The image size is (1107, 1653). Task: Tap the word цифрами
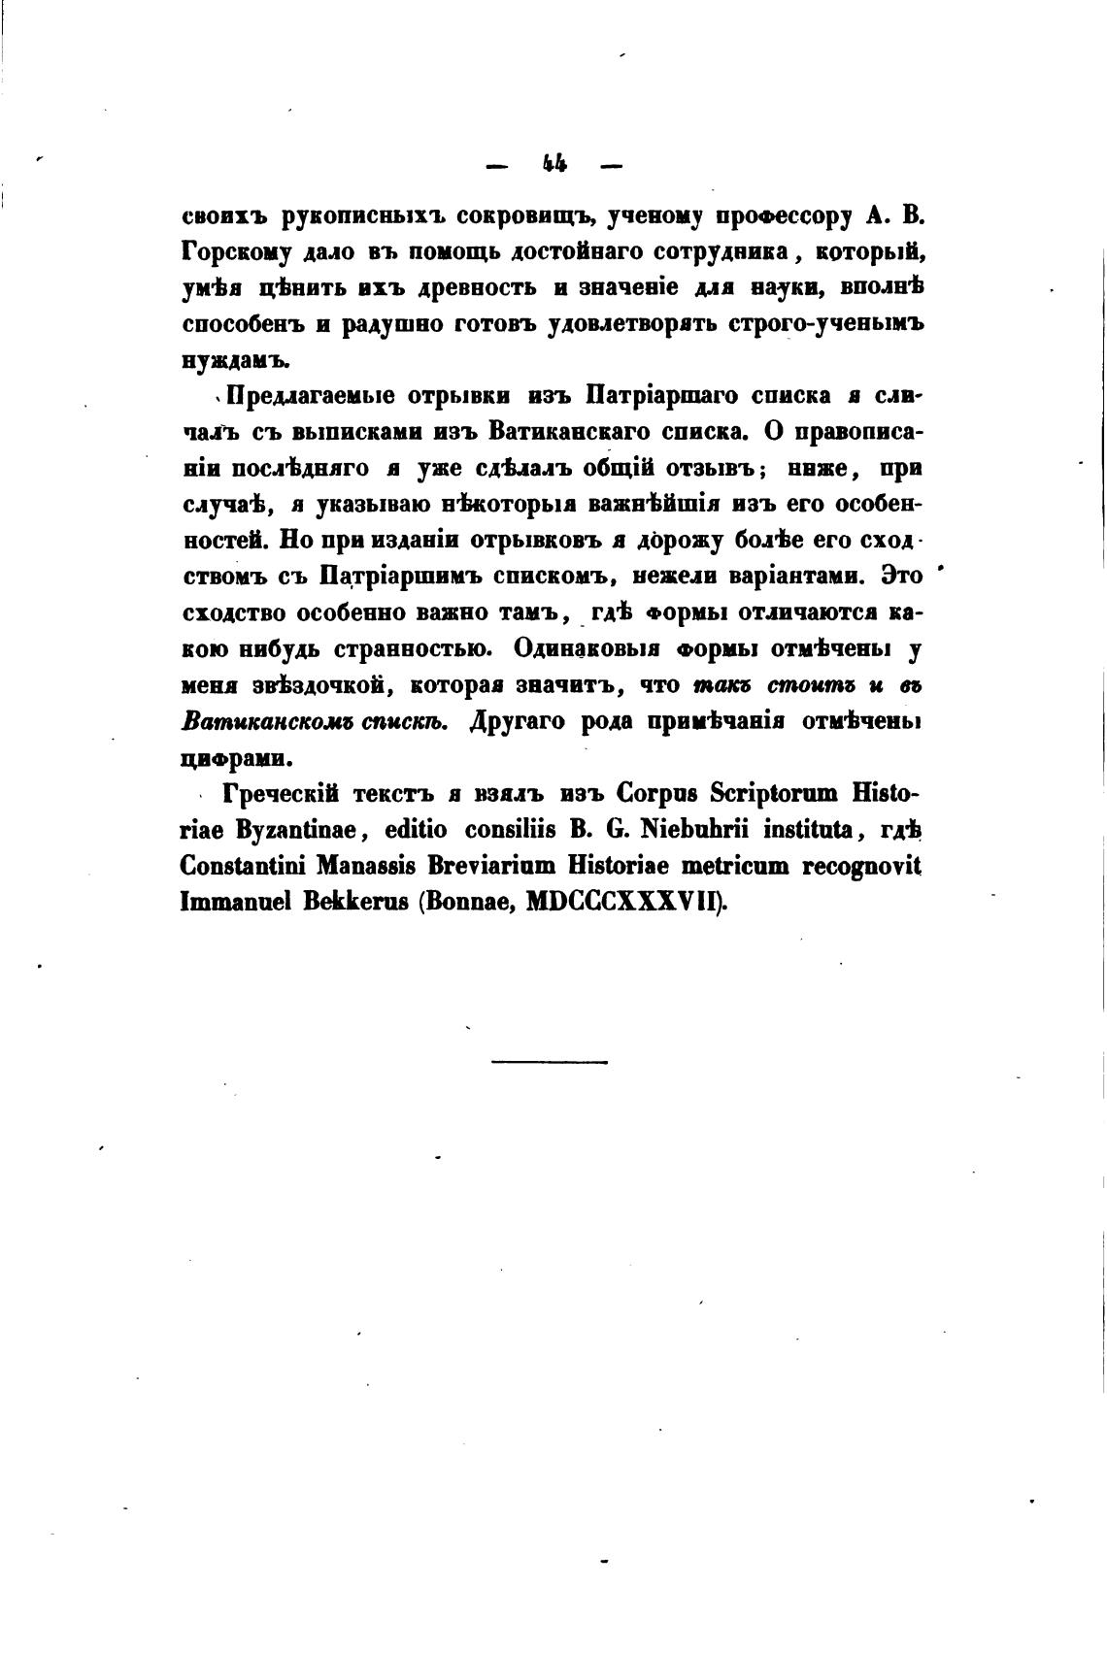click(229, 759)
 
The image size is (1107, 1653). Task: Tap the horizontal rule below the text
click(550, 1062)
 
